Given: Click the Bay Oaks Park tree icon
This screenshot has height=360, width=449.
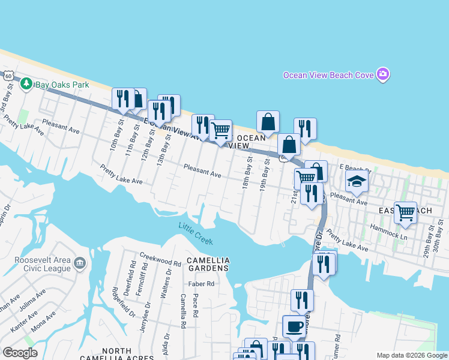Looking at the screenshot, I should click(26, 84).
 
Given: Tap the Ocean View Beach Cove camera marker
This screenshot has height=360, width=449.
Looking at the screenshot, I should click(384, 75).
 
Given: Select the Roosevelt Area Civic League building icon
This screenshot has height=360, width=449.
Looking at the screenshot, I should click(79, 264).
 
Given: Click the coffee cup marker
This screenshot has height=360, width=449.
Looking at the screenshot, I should click(293, 326).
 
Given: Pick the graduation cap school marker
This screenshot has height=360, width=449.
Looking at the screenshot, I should click(357, 182).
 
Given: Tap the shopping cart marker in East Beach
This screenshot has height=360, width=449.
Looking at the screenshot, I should click(406, 212).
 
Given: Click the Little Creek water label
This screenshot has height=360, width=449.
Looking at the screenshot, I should click(195, 233).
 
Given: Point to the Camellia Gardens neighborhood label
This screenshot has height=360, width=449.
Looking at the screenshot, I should click(208, 264).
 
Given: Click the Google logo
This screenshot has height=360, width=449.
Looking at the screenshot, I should click(20, 353).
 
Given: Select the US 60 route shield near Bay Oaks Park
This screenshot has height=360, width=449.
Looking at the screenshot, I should click(7, 76).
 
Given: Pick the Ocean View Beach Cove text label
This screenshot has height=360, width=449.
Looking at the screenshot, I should click(328, 75).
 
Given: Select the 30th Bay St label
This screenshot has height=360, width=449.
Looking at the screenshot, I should click(441, 230).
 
